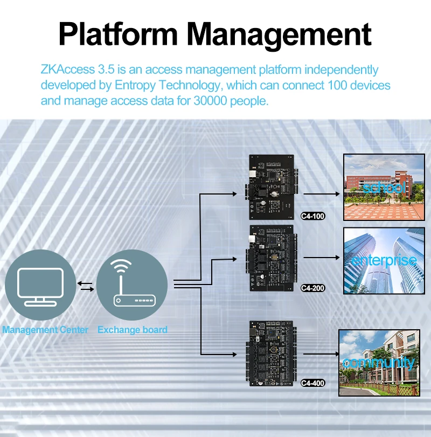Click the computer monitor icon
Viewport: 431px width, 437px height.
pyautogui.click(x=40, y=286)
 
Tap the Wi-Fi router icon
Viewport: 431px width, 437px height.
pyautogui.click(x=132, y=286)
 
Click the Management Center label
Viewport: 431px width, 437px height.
pyautogui.click(x=45, y=330)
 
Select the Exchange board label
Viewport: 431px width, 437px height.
pyautogui.click(x=133, y=330)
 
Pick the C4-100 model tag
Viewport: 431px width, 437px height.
pyautogui.click(x=313, y=216)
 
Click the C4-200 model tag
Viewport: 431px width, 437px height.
pyautogui.click(x=313, y=288)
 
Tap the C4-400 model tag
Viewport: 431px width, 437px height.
pyautogui.click(x=312, y=383)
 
